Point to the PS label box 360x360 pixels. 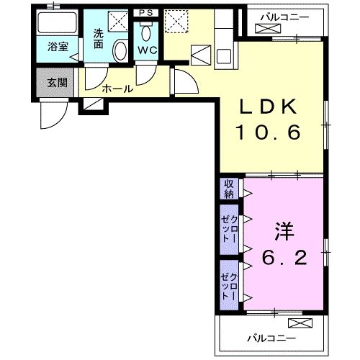click(x=145, y=12)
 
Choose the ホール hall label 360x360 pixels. click(x=117, y=89)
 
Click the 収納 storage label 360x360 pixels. click(x=228, y=189)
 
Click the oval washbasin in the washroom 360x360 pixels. click(x=121, y=51)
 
